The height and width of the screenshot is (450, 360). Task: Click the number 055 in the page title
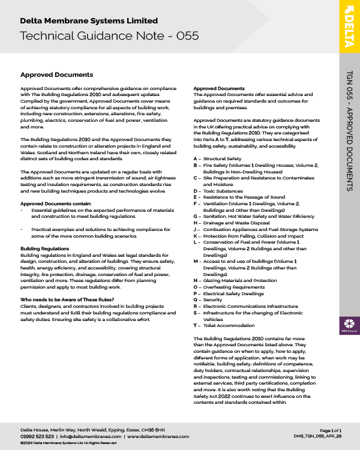pos(184,35)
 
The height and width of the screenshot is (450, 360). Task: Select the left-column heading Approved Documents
pos(56,75)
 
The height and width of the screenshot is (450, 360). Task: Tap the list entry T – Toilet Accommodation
pos(223,325)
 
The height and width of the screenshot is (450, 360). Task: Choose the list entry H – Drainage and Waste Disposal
pos(231,223)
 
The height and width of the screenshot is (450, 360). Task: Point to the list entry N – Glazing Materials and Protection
pos(235,280)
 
